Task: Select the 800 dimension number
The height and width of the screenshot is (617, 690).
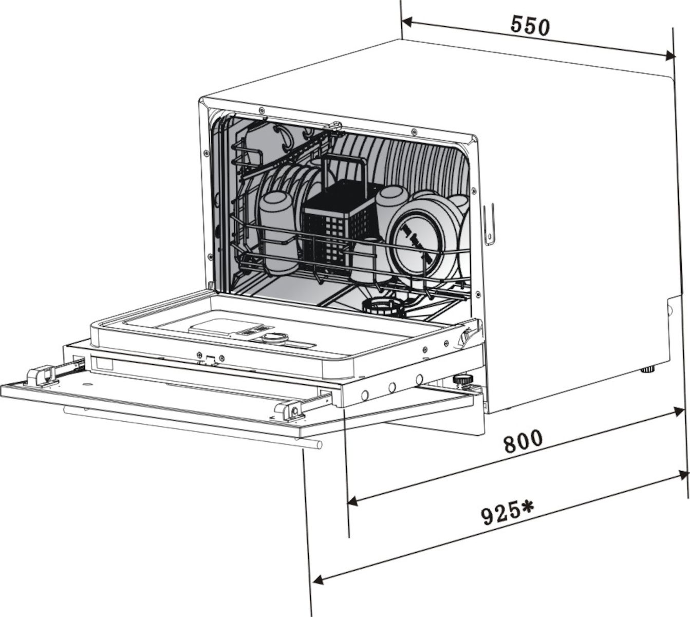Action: tap(523, 442)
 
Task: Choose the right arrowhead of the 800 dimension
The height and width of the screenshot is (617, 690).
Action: tap(678, 413)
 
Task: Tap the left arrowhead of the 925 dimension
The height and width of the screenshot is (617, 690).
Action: tap(318, 579)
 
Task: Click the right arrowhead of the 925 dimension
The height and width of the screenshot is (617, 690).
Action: tap(683, 475)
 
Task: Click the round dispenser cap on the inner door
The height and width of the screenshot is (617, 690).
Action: tap(275, 338)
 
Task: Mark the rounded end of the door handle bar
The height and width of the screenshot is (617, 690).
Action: tap(319, 444)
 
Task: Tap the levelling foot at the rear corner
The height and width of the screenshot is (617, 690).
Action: tap(647, 369)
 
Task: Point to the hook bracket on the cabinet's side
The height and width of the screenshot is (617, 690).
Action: tap(489, 223)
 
